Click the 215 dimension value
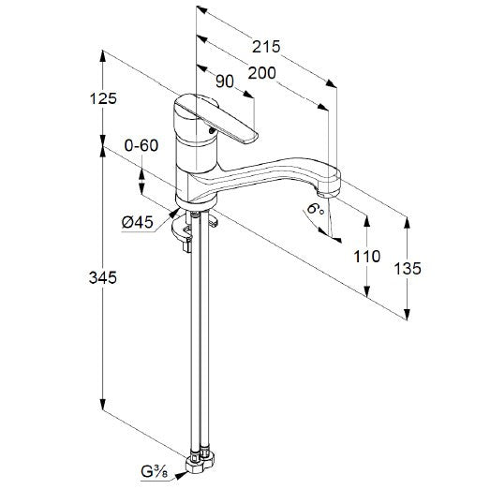266,47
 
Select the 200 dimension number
262,73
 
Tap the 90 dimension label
225,81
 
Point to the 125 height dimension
103,98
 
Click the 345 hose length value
103,277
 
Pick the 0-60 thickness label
141,145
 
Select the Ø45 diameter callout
138,222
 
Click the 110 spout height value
367,257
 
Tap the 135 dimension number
408,269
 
